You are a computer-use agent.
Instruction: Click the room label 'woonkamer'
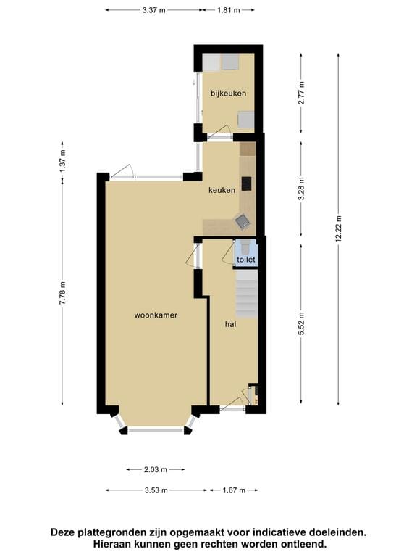[x=156, y=315]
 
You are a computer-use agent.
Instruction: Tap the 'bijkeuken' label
[x=228, y=94]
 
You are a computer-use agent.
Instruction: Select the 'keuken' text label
[x=222, y=190]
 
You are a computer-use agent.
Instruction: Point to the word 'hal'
[x=231, y=324]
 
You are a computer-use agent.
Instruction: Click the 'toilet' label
[x=245, y=259]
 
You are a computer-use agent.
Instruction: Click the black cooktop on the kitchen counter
[x=246, y=183]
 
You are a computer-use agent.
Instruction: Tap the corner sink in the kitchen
[x=243, y=221]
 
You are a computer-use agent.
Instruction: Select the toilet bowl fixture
[x=245, y=245]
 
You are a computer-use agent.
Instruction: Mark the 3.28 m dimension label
[x=302, y=190]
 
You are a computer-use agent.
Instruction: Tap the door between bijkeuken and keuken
[x=219, y=133]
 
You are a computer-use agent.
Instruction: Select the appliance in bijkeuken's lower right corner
[x=246, y=119]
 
